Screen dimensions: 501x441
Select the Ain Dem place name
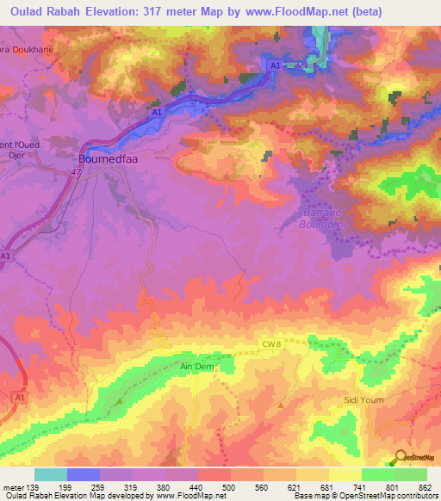(196, 366)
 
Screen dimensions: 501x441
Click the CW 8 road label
(272, 343)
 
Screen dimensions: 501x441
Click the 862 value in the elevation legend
(425, 487)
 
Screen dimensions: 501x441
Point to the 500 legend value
(230, 487)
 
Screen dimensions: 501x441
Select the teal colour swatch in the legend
(51, 474)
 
